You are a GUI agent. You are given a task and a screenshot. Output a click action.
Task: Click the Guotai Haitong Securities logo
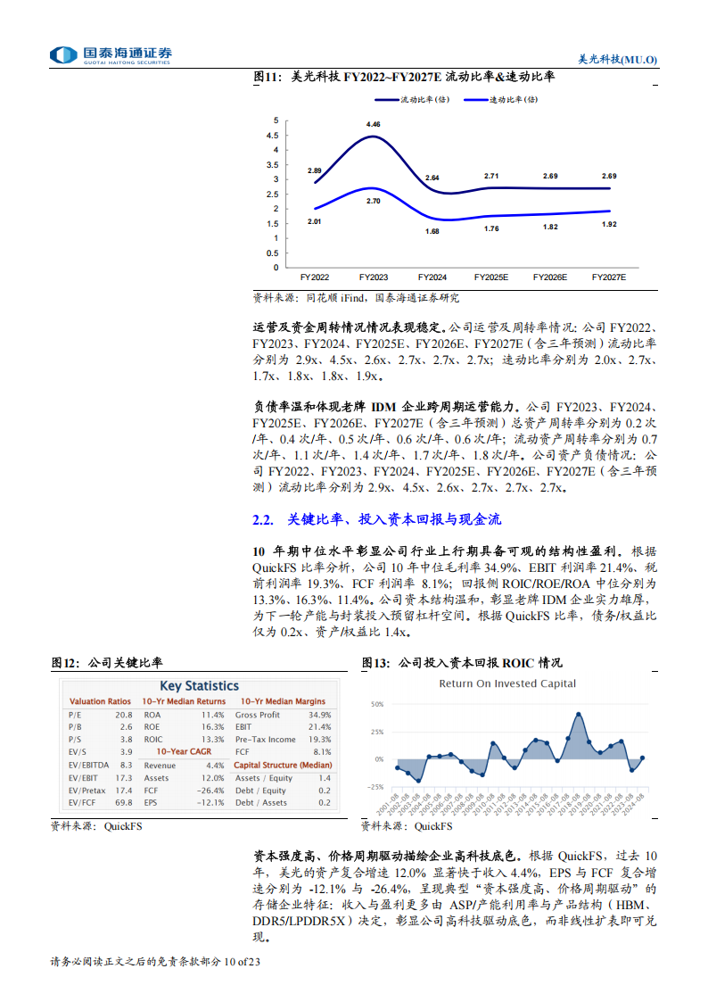(111, 55)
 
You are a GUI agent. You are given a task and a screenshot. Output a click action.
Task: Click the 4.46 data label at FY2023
(373, 124)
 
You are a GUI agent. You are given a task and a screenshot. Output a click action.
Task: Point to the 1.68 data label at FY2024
(432, 231)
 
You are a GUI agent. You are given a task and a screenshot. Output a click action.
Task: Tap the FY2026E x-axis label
(549, 277)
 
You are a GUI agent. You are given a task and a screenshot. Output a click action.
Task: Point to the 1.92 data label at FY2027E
(609, 224)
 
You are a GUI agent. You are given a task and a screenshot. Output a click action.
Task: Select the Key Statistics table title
(200, 686)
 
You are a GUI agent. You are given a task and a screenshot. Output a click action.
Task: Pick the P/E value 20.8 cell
(124, 715)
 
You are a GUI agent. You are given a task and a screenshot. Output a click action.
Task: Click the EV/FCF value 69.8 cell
(124, 802)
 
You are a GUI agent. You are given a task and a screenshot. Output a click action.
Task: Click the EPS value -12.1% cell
(211, 802)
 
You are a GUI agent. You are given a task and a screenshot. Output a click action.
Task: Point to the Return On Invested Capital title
(506, 683)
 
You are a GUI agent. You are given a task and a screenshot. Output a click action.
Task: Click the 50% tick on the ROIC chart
(377, 704)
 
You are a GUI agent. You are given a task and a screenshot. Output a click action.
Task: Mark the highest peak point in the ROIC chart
(579, 714)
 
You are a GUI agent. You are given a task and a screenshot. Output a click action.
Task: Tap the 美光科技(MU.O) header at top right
(617, 58)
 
